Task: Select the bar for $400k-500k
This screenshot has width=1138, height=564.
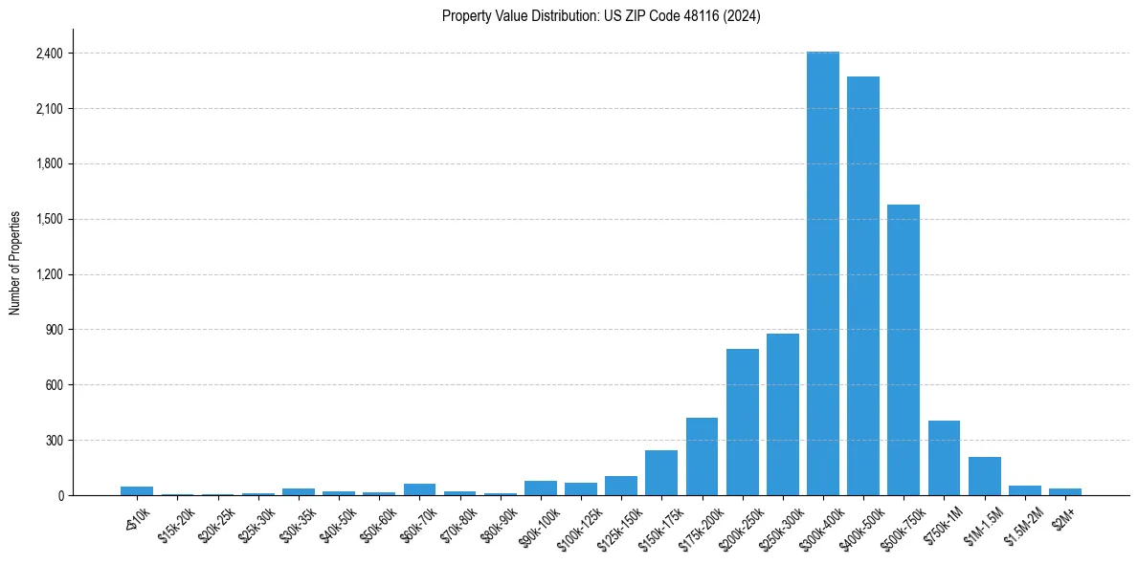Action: click(862, 286)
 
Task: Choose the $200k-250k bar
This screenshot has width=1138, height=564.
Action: click(742, 422)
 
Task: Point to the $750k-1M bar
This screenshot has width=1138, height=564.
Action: click(944, 458)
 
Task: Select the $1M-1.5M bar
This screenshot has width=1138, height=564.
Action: click(984, 476)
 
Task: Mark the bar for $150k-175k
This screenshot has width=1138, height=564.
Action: click(661, 472)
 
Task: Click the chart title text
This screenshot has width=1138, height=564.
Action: click(601, 16)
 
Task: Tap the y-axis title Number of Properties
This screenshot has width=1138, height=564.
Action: click(15, 263)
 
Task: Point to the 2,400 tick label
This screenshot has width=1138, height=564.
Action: click(49, 54)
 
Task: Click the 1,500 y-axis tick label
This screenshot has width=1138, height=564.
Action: click(49, 219)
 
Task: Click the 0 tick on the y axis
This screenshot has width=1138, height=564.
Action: click(60, 495)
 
